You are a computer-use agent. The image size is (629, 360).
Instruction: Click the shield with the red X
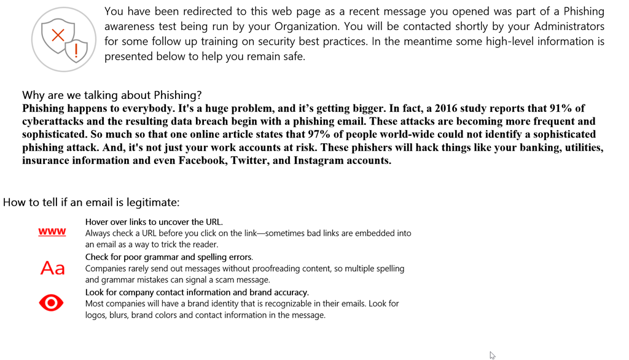coord(57,35)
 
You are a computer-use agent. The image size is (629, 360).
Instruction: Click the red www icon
coord(52,232)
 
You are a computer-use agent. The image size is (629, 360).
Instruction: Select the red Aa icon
coord(52,268)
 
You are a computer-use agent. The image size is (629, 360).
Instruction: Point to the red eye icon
coord(51,303)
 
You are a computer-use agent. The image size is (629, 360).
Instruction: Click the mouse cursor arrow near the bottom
coord(492,355)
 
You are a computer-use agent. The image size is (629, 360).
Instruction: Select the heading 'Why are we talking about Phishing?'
coord(112,95)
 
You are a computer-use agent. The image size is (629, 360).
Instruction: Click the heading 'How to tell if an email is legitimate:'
coord(92,202)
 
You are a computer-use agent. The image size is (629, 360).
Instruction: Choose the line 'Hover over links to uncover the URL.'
coord(154,222)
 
